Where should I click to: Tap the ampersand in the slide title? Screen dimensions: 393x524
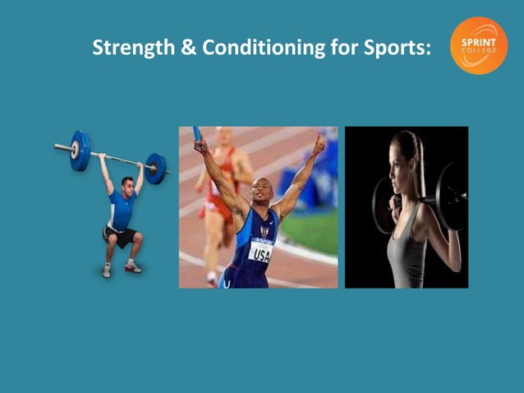point(187,48)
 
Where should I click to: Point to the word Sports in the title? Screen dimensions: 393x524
point(397,48)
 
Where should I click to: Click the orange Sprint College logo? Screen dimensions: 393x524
point(479,46)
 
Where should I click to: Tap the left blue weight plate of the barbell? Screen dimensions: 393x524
point(80,150)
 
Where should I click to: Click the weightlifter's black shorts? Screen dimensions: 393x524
point(120,238)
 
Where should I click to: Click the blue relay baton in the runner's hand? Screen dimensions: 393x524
point(197,133)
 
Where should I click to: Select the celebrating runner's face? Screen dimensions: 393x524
point(262,194)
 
